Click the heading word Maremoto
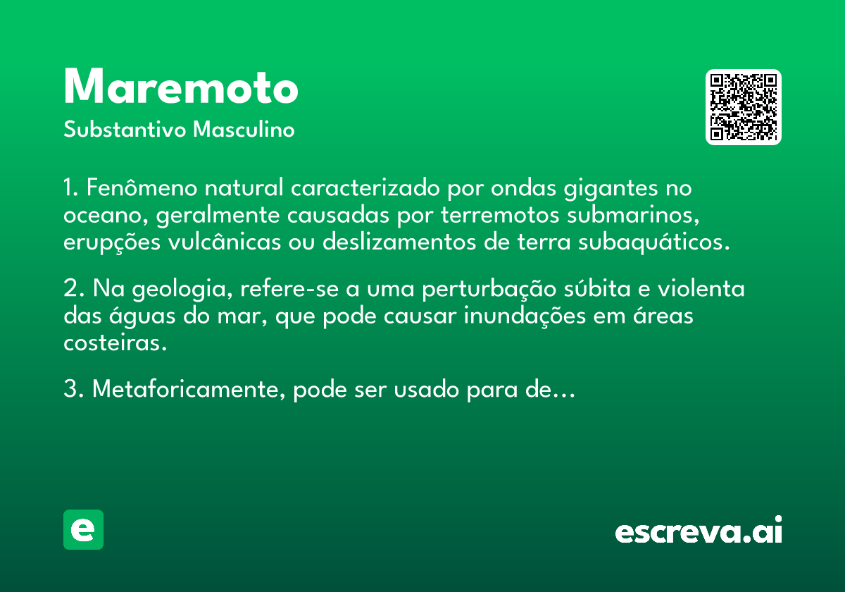pyautogui.click(x=181, y=86)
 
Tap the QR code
pyautogui.click(x=743, y=107)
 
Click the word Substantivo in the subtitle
pyautogui.click(x=125, y=129)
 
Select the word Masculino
pyautogui.click(x=244, y=129)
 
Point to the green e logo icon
pyautogui.click(x=83, y=529)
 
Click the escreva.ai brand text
pyautogui.click(x=699, y=529)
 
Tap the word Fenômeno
pyautogui.click(x=142, y=187)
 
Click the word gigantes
pyautogui.click(x=611, y=189)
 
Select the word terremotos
pyautogui.click(x=500, y=215)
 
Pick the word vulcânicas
pyautogui.click(x=225, y=242)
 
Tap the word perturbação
pyautogui.click(x=489, y=290)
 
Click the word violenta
pyautogui.click(x=701, y=288)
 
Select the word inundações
pyautogui.click(x=525, y=316)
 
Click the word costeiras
pyautogui.click(x=115, y=343)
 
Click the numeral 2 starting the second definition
pyautogui.click(x=70, y=289)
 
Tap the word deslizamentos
pyautogui.click(x=399, y=242)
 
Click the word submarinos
pyautogui.click(x=633, y=216)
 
